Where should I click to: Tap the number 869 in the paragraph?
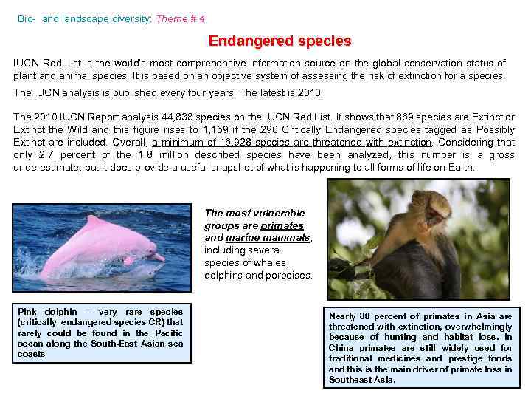pyautogui.click(x=405, y=117)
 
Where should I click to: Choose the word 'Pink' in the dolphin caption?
pyautogui.click(x=27, y=312)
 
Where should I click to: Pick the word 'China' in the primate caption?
pyautogui.click(x=341, y=348)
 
